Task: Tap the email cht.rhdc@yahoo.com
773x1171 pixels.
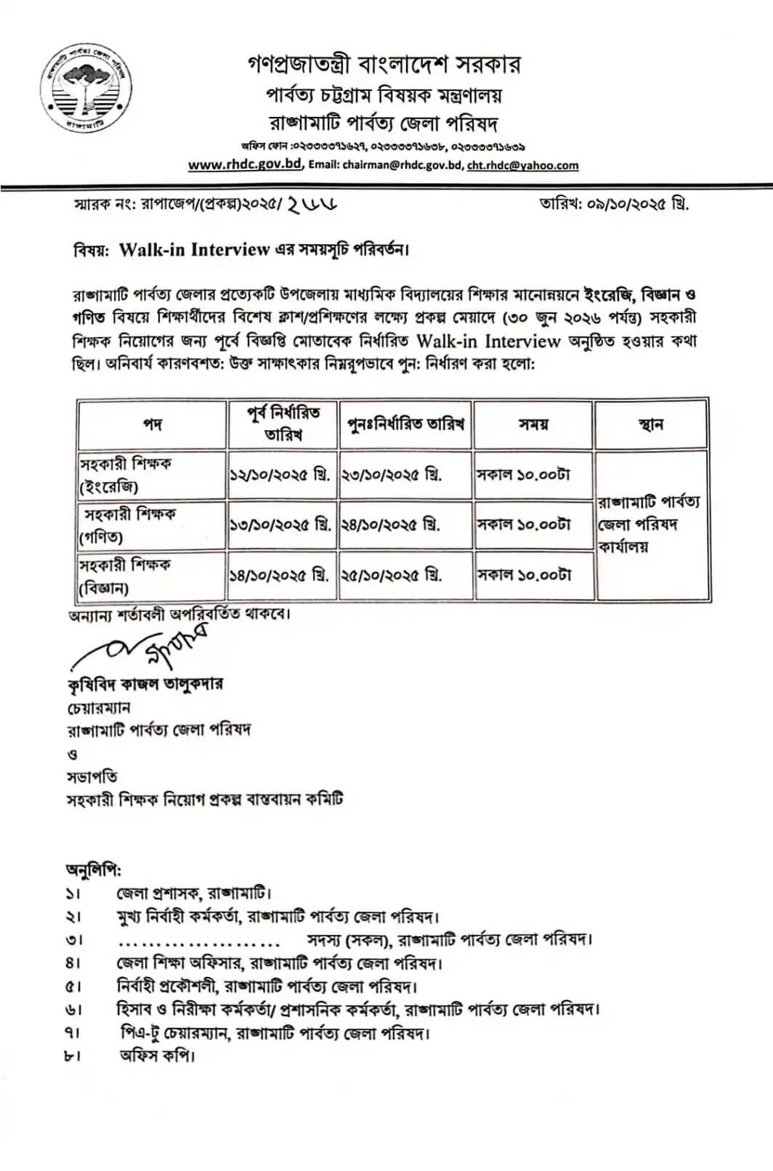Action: pyautogui.click(x=522, y=165)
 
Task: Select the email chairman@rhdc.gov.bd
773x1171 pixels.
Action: pyautogui.click(x=410, y=165)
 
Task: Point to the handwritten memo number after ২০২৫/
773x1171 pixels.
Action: pyautogui.click(x=313, y=203)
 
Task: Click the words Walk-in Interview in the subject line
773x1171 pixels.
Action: pyautogui.click(x=194, y=250)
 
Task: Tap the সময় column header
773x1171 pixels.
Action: pyautogui.click(x=533, y=424)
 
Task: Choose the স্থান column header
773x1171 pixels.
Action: pyautogui.click(x=650, y=424)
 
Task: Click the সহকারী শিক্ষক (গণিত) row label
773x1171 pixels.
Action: pyautogui.click(x=128, y=525)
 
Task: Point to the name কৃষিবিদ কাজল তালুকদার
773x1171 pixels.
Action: pyautogui.click(x=145, y=684)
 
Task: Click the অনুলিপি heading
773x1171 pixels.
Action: pyautogui.click(x=94, y=869)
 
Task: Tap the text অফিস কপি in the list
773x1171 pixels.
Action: pyautogui.click(x=158, y=1055)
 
